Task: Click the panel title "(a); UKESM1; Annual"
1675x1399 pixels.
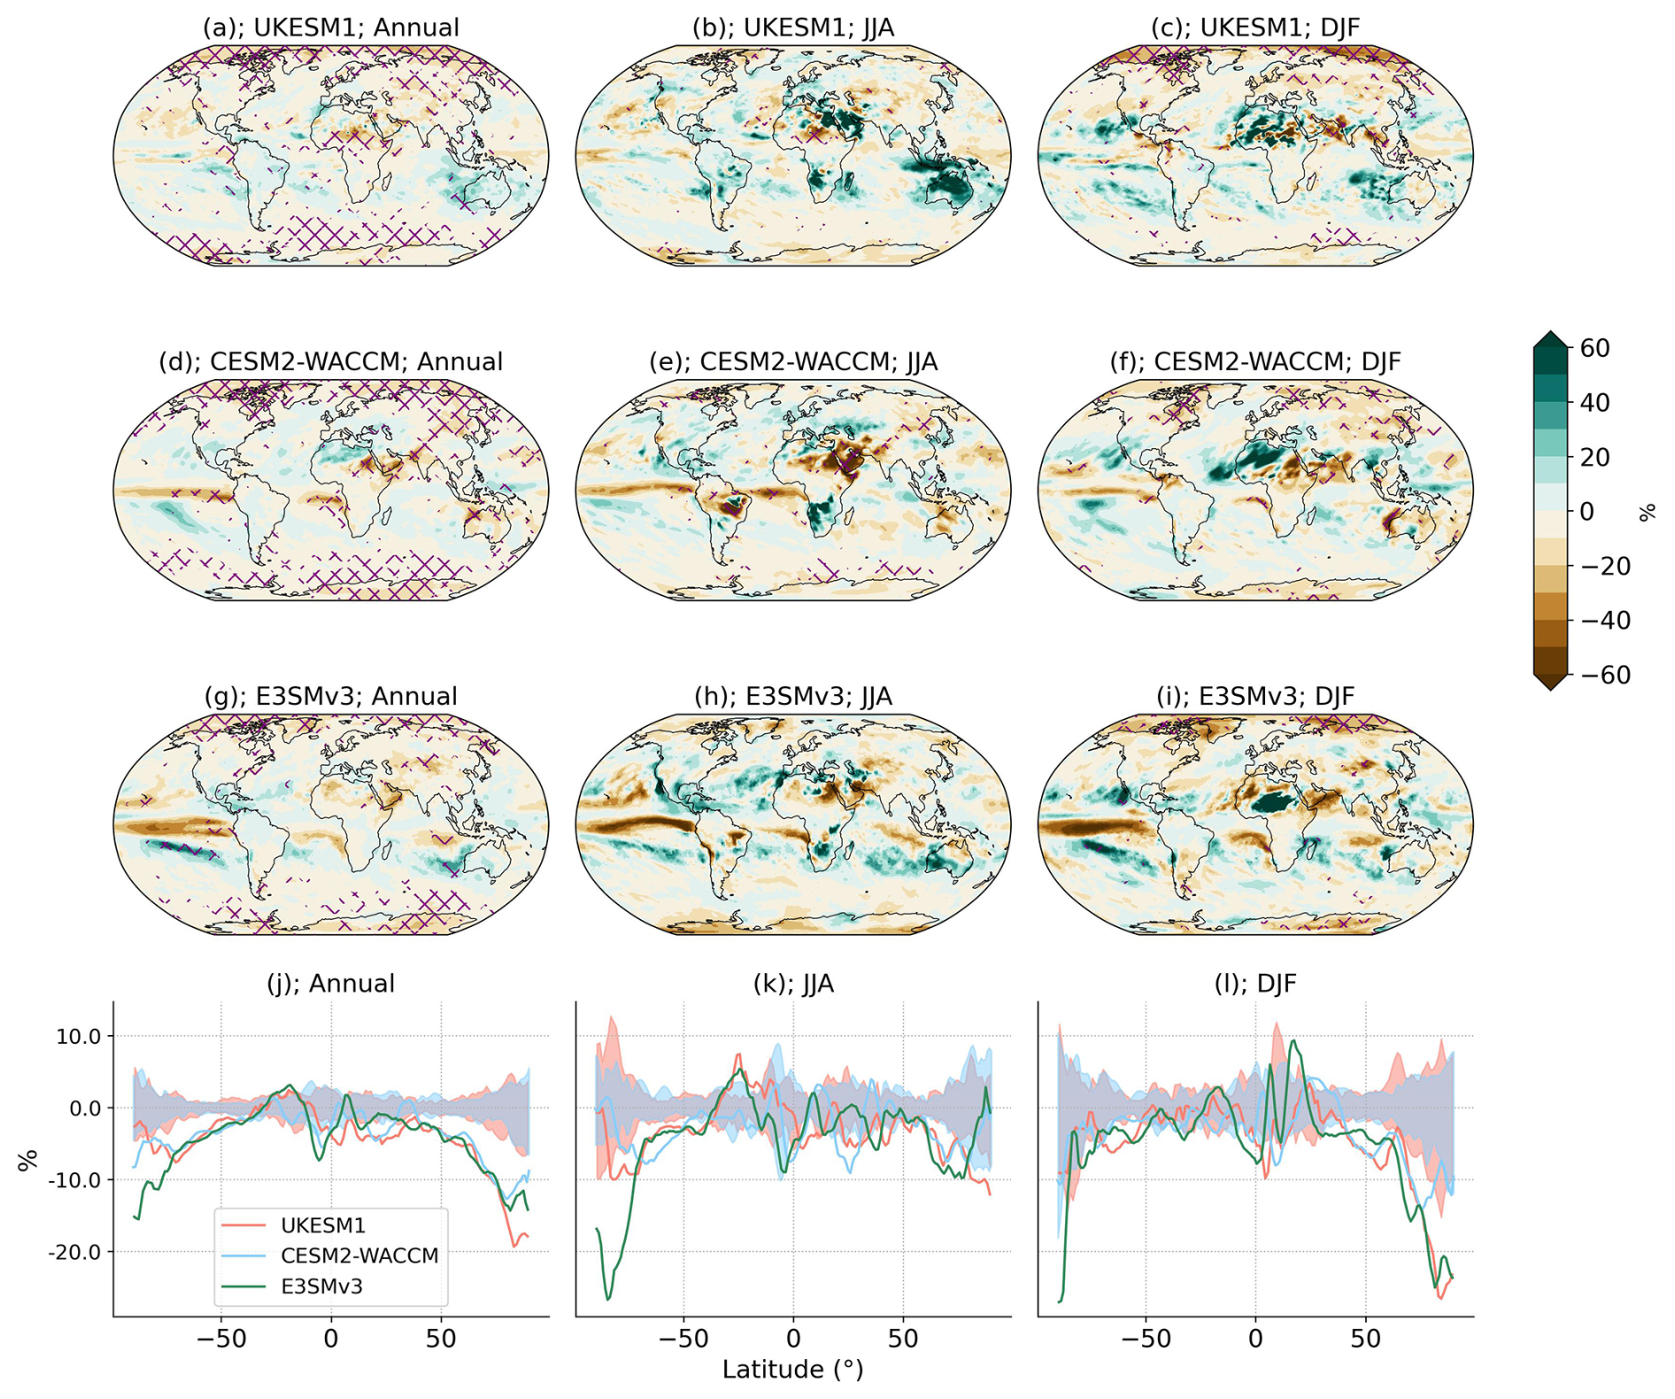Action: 331,27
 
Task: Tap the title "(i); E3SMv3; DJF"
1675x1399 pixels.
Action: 1254,696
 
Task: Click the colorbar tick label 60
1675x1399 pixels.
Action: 1594,348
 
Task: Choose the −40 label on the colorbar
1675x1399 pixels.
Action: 1604,620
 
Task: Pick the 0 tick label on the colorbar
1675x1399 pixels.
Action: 1586,511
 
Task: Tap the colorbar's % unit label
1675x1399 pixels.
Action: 1647,511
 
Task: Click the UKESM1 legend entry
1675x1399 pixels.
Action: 322,1225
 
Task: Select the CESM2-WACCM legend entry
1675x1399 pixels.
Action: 359,1256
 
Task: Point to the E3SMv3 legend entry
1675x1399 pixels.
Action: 321,1286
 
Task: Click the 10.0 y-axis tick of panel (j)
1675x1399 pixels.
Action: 79,1036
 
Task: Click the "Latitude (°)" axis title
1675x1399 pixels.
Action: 792,1369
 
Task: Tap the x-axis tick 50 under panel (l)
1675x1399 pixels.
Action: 1365,1338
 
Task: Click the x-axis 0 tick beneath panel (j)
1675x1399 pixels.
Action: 331,1338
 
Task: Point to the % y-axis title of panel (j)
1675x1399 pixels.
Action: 28,1159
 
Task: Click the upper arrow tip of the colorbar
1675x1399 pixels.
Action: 1550,335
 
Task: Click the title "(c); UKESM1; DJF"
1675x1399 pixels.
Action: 1254,27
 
